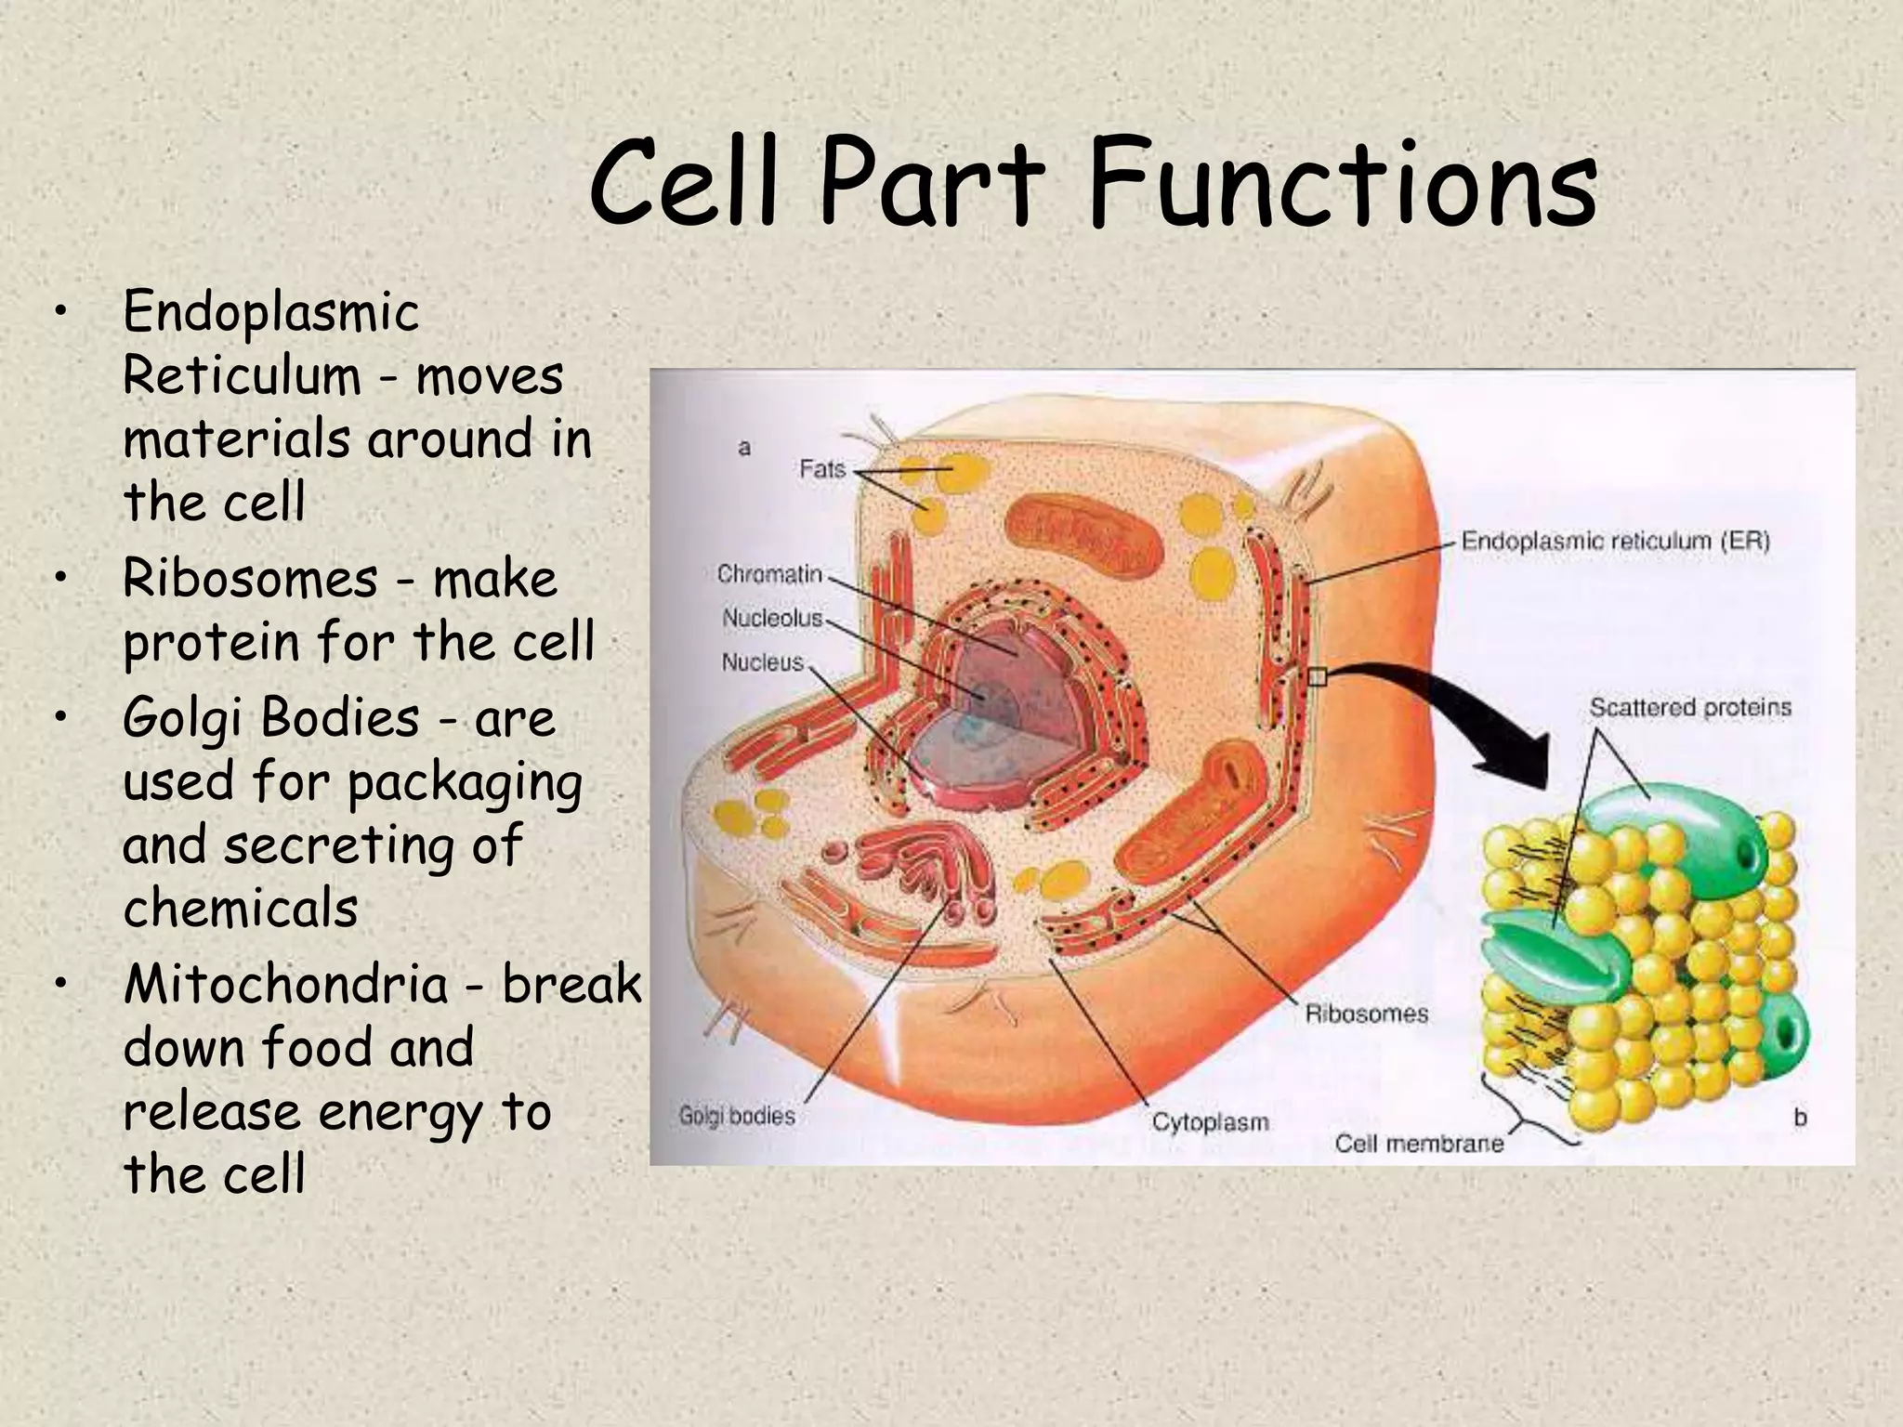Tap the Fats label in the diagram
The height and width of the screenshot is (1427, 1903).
click(x=822, y=469)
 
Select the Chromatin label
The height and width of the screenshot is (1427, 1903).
click(x=769, y=574)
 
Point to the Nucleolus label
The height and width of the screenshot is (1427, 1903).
click(x=772, y=618)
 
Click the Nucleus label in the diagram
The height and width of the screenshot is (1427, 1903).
click(x=762, y=662)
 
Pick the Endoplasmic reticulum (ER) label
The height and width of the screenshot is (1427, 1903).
click(x=1615, y=541)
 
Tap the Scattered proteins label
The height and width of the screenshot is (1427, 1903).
click(x=1689, y=708)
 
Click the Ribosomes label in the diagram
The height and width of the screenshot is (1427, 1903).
click(x=1366, y=1014)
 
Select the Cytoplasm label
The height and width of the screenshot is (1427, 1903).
click(x=1210, y=1122)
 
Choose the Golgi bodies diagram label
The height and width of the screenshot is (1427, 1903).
click(x=737, y=1116)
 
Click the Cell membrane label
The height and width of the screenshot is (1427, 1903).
click(x=1419, y=1144)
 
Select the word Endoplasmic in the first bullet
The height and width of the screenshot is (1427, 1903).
click(x=270, y=311)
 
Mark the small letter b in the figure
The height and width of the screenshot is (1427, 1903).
click(x=1800, y=1118)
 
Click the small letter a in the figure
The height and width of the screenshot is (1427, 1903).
click(x=744, y=449)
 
